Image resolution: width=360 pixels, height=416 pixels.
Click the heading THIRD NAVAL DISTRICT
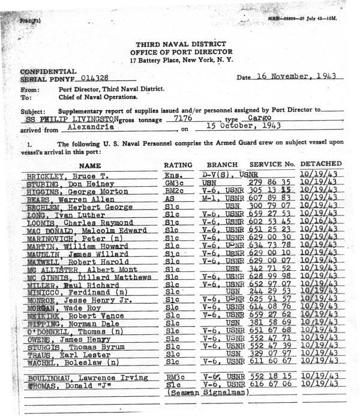pos(179,44)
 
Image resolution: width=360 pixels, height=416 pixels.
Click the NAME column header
pos(90,164)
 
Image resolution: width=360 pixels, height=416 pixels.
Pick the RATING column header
pos(178,164)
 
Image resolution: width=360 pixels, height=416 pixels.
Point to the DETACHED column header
pos(321,163)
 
